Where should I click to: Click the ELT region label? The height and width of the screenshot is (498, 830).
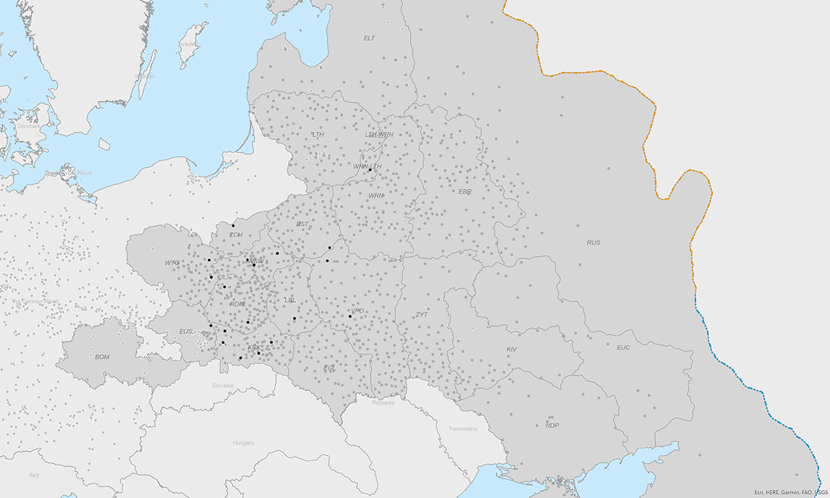pos(369,38)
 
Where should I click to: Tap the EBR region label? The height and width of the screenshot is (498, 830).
pos(465,192)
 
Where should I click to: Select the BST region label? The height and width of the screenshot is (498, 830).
pos(303,224)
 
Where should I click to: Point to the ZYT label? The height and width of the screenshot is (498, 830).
pos(421,314)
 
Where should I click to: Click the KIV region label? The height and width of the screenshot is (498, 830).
pos(512,349)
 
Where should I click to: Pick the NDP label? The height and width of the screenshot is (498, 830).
pos(552,425)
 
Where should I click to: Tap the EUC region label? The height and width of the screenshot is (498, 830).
pos(623,348)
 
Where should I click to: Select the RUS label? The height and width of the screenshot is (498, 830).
pos(593,242)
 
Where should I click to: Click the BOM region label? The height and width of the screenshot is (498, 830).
pos(102,357)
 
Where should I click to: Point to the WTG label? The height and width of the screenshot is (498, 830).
pos(172,262)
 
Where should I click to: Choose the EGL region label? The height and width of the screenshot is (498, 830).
pos(329,368)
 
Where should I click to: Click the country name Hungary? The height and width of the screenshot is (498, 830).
pos(243,443)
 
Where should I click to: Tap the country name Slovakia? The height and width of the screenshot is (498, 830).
pos(223,386)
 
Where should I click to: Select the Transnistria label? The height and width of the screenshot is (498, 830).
pos(462,429)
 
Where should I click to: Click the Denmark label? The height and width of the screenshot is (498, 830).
pos(28,127)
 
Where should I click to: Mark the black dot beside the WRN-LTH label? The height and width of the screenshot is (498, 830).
pos(370,170)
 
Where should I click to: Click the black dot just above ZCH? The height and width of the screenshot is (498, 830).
pos(234,225)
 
